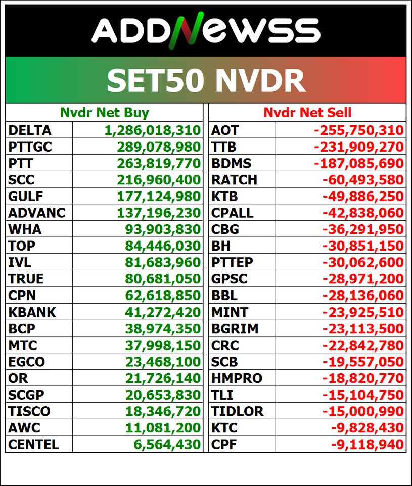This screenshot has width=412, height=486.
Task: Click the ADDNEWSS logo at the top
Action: (x=206, y=30)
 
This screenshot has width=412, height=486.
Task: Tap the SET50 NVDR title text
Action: (x=206, y=80)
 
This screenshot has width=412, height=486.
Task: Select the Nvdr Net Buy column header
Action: (x=105, y=113)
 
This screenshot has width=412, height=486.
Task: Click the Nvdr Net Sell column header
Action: (x=307, y=113)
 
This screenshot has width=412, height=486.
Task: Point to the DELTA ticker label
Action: (x=30, y=130)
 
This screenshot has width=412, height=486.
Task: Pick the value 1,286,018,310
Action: (x=153, y=130)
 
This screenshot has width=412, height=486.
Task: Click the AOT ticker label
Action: (x=225, y=130)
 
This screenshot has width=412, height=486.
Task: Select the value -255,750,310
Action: (x=358, y=130)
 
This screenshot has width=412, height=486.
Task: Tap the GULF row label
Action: (x=25, y=196)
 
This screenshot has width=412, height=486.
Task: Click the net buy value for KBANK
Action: (x=163, y=312)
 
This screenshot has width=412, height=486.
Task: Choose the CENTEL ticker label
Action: (x=33, y=444)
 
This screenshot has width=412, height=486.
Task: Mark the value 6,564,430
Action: (x=167, y=445)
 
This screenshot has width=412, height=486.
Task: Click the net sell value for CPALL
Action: (x=363, y=213)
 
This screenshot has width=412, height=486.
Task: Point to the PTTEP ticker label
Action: (x=232, y=262)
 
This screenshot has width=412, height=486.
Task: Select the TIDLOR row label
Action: (x=237, y=411)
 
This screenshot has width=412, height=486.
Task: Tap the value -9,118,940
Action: (x=368, y=445)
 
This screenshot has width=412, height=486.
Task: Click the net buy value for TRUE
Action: (x=163, y=279)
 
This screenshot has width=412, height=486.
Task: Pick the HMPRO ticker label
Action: (x=237, y=378)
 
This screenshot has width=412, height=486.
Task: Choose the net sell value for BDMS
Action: (x=358, y=163)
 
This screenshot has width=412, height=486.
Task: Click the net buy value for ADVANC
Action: (x=159, y=213)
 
